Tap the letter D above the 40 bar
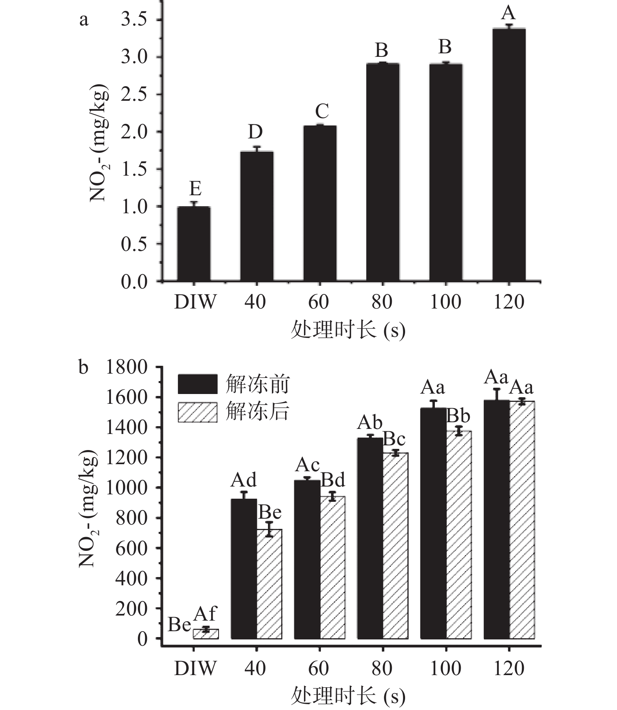pyautogui.click(x=255, y=133)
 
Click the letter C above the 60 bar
pyautogui.click(x=322, y=112)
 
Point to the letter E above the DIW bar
pyautogui.click(x=195, y=189)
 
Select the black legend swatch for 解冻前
pyautogui.click(x=197, y=384)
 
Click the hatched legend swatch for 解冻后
pyautogui.click(x=197, y=412)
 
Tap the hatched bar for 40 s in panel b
pyautogui.click(x=269, y=584)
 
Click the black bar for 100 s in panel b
pyautogui.click(x=433, y=523)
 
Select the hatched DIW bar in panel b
pyautogui.click(x=206, y=634)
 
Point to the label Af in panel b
pyautogui.click(x=205, y=614)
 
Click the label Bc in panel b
pyautogui.click(x=394, y=439)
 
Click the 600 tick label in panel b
pyautogui.click(x=132, y=548)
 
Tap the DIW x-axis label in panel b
pyautogui.click(x=195, y=668)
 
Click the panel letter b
pyautogui.click(x=83, y=368)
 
